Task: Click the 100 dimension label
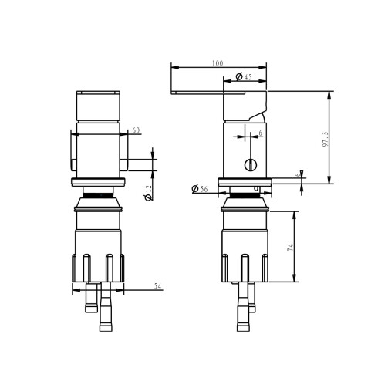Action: tap(218, 62)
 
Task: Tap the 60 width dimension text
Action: tap(136, 130)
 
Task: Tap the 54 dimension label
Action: tap(157, 286)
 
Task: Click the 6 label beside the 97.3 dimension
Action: tap(299, 174)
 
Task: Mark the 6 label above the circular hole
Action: tap(260, 133)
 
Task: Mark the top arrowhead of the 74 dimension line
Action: tap(294, 213)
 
